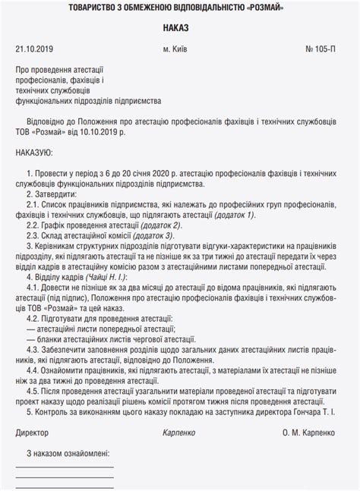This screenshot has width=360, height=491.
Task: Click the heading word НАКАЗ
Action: pyautogui.click(x=179, y=28)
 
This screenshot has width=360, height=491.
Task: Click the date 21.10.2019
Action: pyautogui.click(x=33, y=49)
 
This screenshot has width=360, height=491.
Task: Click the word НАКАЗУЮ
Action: pyautogui.click(x=38, y=153)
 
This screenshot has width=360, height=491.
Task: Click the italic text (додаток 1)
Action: pyautogui.click(x=233, y=216)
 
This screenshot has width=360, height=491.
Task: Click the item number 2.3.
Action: pyautogui.click(x=32, y=235)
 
